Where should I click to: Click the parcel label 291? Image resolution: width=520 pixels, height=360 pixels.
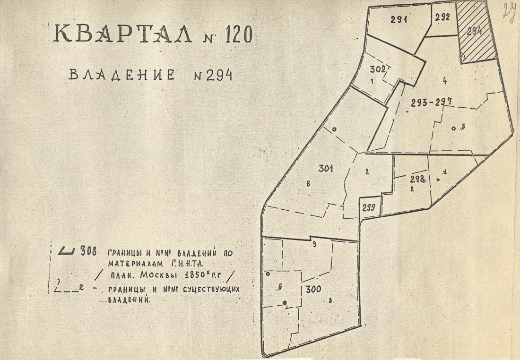[x=400, y=20]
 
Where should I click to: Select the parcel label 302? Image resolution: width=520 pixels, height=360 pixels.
[x=378, y=69]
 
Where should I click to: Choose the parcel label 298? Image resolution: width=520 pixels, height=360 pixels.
[x=418, y=179]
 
